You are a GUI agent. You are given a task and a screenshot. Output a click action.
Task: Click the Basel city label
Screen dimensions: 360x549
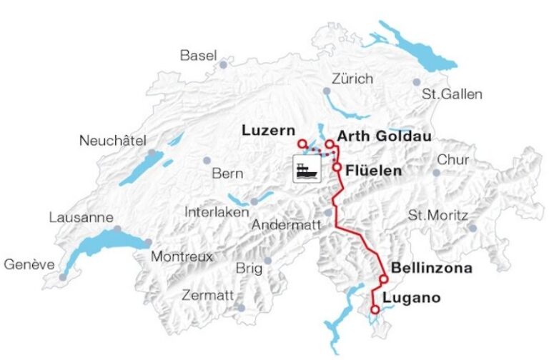197,55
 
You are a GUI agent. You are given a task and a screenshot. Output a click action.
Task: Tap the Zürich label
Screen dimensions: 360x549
352,78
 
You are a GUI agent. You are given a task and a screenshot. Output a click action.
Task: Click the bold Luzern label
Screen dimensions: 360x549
268,130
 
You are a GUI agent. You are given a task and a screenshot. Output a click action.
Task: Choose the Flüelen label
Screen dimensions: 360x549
373,170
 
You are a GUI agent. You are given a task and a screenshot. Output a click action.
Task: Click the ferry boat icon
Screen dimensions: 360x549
307,169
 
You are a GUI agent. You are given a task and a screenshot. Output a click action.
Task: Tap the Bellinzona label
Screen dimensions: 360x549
431,269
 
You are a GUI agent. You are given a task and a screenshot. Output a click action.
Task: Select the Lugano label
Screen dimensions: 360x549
412,298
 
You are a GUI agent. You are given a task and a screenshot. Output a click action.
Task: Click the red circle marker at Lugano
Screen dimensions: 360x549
375,309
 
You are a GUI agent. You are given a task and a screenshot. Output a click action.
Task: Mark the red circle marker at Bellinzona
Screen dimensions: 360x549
384,279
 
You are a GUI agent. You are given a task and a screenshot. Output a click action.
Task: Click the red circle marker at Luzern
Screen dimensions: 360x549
302,144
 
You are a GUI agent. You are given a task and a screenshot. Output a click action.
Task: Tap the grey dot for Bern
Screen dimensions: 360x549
207,160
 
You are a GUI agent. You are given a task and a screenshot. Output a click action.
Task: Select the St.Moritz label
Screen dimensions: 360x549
437,215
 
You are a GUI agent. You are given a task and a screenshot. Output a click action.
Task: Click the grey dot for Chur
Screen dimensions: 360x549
436,172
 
